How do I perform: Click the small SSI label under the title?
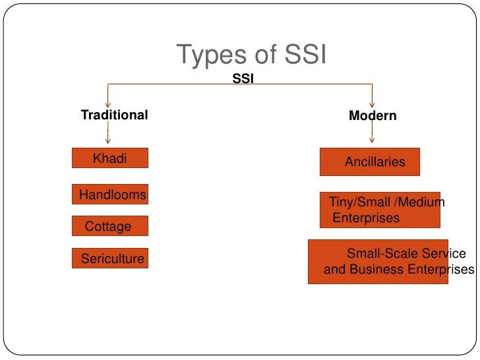click(x=243, y=78)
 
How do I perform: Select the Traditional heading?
click(x=114, y=115)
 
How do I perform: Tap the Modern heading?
click(x=373, y=116)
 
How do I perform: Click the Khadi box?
click(x=109, y=158)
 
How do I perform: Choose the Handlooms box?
click(x=110, y=195)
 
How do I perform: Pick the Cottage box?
click(x=109, y=226)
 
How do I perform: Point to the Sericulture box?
click(x=110, y=258)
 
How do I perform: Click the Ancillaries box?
click(x=370, y=162)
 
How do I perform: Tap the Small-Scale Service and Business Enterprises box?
click(x=378, y=262)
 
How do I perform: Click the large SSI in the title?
click(x=301, y=56)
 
